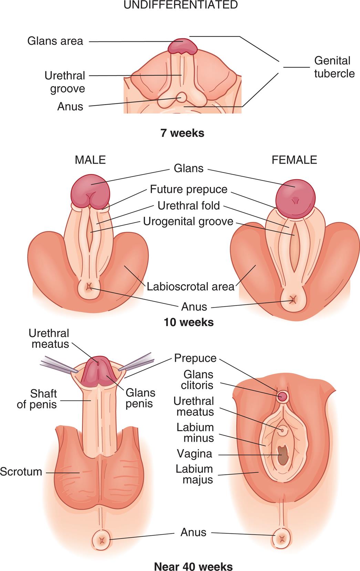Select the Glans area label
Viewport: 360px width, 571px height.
pos(55,41)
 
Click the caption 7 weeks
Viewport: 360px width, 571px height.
pos(182,133)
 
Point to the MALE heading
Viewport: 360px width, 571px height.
pos(90,160)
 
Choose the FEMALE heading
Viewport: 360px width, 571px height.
pos(294,160)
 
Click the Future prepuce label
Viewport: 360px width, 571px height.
pos(188,189)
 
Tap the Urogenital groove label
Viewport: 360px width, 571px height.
pos(188,221)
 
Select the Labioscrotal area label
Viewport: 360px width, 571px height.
pos(190,287)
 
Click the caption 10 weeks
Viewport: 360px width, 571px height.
pos(188,322)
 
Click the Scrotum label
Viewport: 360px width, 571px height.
pos(21,472)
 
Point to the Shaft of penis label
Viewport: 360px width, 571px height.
pos(37,399)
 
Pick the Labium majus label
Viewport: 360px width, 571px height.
pos(194,474)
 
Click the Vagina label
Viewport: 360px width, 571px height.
pos(194,453)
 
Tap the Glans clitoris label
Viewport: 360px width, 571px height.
pos(198,379)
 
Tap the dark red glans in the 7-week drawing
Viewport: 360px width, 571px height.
pos(183,46)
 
